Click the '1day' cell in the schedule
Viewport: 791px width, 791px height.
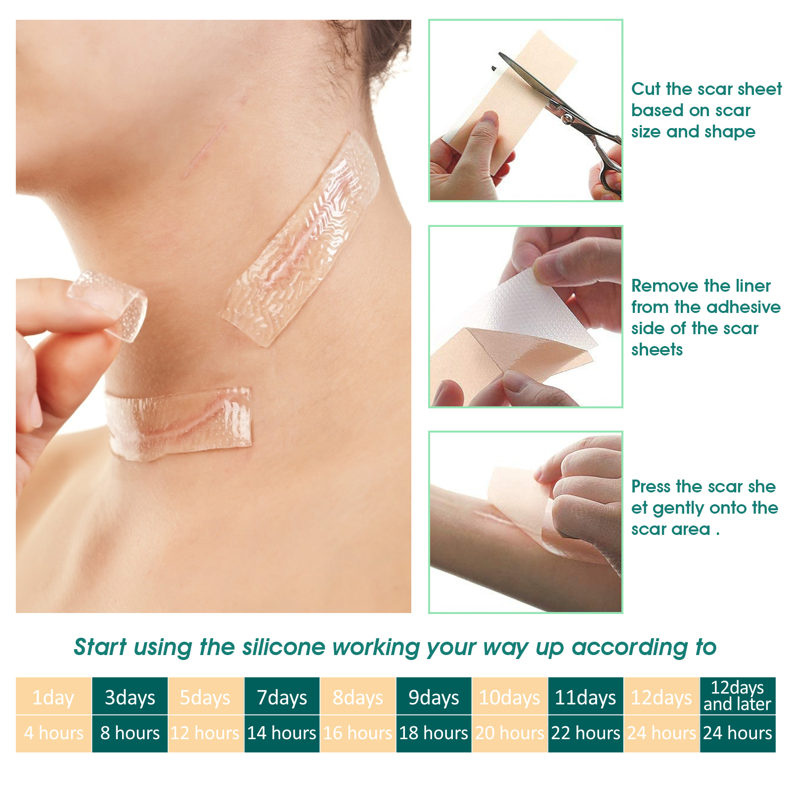pyautogui.click(x=53, y=698)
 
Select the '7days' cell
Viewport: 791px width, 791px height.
pyautogui.click(x=282, y=698)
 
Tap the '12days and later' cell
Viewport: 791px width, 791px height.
pyautogui.click(x=737, y=696)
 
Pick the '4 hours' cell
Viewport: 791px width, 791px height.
pyautogui.click(x=53, y=733)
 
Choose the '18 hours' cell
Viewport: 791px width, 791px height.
pyautogui.click(x=434, y=733)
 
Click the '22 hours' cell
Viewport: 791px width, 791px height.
pyautogui.click(x=585, y=733)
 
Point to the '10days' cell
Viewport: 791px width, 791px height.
pyautogui.click(x=509, y=698)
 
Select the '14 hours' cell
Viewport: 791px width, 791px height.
pyautogui.click(x=282, y=733)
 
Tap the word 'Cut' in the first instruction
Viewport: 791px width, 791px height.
pyautogui.click(x=646, y=89)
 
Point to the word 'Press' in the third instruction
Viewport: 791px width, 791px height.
pyautogui.click(x=651, y=486)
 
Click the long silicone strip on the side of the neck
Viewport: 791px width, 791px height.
pyautogui.click(x=302, y=237)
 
